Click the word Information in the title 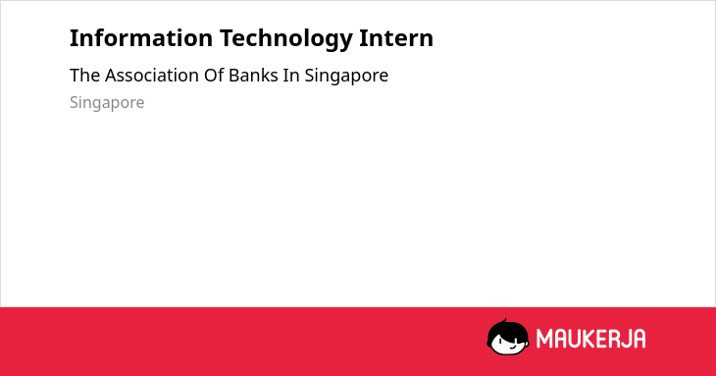coord(141,38)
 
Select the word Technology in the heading coord(285,39)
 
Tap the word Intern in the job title coord(396,38)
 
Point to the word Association coord(152,76)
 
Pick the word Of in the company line coord(214,76)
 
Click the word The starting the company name coord(85,76)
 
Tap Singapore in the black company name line coord(346,77)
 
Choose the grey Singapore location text coord(107,103)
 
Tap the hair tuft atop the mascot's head coord(505,321)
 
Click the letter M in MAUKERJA coord(544,339)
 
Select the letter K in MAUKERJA coord(590,339)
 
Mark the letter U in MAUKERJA coord(576,339)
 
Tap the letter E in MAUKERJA coord(603,339)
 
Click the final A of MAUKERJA coord(639,339)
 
